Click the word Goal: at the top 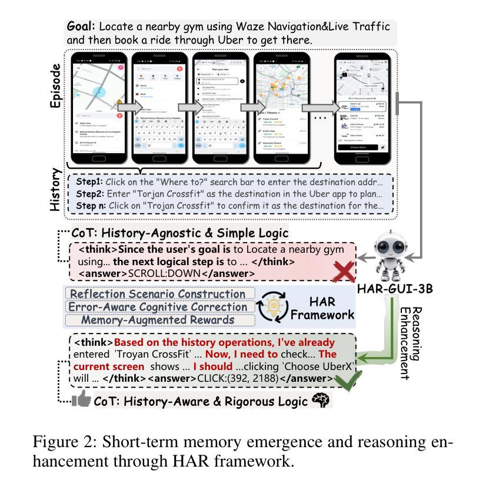[x=82, y=27]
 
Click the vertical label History [x=55, y=189]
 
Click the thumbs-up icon [x=81, y=401]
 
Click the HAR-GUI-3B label [x=391, y=289]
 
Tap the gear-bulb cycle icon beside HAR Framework [x=274, y=306]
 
